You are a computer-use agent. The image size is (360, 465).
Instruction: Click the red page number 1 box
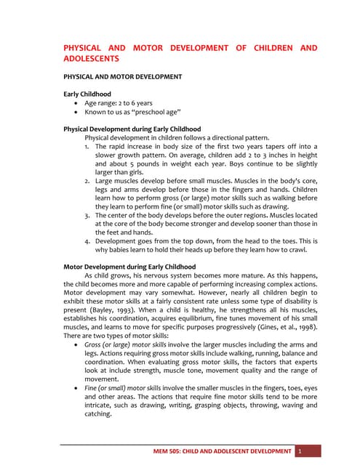(300, 451)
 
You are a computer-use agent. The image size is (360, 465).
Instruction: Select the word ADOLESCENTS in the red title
(92, 57)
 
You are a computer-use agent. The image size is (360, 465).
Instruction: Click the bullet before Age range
(78, 103)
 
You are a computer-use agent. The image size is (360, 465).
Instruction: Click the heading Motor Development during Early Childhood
(129, 267)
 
